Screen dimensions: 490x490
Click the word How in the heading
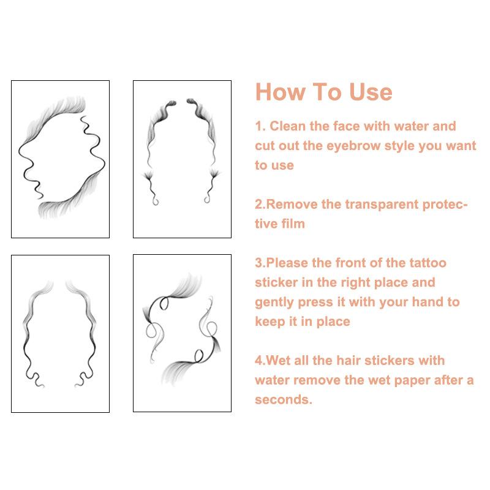pos(278,92)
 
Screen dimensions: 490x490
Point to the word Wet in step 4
pos(273,361)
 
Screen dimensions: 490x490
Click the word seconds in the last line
pos(283,400)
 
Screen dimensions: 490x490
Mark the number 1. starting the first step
pos(261,126)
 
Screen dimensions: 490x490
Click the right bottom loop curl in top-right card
pos(206,198)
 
